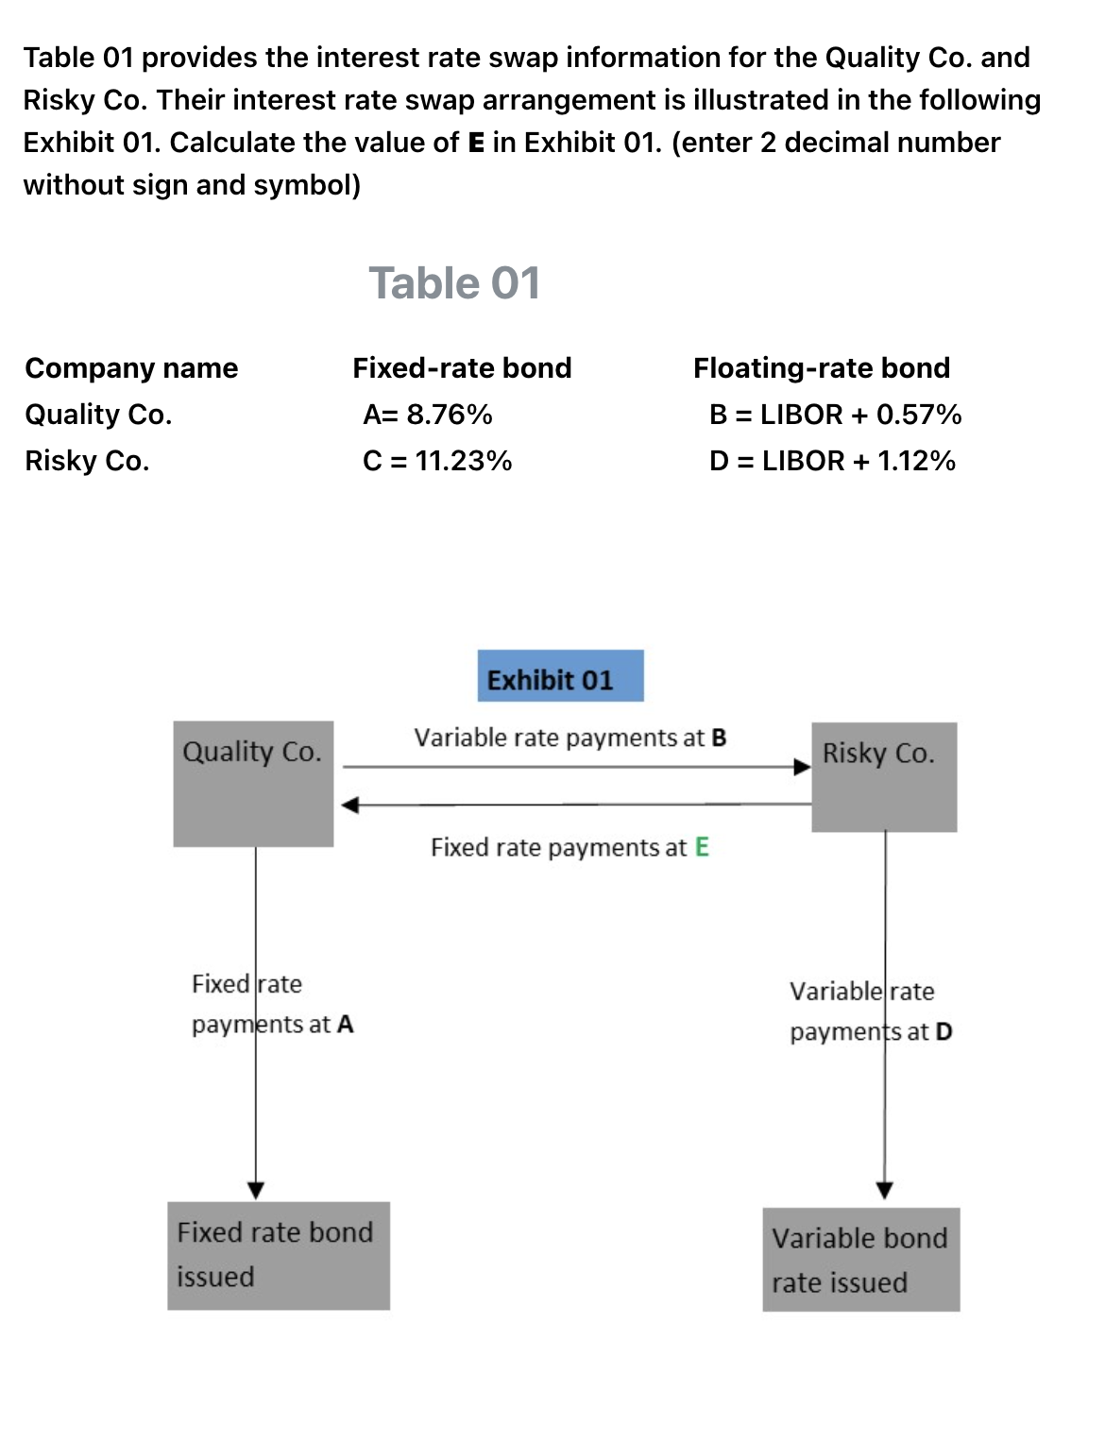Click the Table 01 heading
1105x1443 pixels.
(x=454, y=283)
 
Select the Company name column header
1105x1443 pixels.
(x=131, y=367)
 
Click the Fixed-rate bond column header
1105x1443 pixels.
(x=462, y=367)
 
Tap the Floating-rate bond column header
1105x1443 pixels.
(x=822, y=367)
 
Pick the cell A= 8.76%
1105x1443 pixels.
(x=428, y=415)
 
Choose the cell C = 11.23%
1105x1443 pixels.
(x=437, y=461)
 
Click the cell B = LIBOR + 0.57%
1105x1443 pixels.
(x=835, y=415)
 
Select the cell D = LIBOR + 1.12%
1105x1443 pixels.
(x=832, y=461)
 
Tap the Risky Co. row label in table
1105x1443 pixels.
(x=87, y=461)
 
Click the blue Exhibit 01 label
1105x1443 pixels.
(x=560, y=676)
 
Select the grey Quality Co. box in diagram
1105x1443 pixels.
(x=253, y=784)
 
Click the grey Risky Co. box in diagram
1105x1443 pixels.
(x=884, y=777)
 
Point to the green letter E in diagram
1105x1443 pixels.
(x=702, y=847)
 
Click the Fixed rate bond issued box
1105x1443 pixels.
(x=279, y=1255)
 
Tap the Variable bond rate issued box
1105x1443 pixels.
(x=860, y=1260)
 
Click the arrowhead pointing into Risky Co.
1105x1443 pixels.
(x=802, y=767)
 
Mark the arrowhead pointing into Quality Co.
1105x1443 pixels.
(x=349, y=805)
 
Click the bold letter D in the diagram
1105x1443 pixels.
(x=943, y=1032)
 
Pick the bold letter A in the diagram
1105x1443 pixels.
(x=345, y=1025)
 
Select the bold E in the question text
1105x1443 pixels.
(x=476, y=143)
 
